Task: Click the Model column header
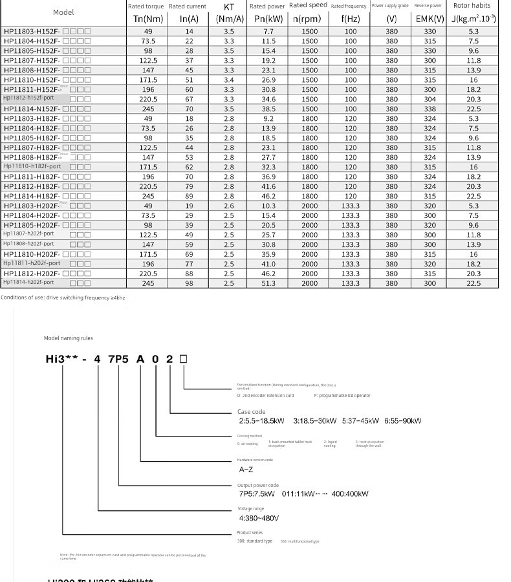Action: [63, 12]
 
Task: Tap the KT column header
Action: [229, 13]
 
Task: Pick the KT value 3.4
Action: [229, 80]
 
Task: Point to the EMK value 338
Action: [429, 109]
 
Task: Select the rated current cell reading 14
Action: [189, 31]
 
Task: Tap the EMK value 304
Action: [429, 99]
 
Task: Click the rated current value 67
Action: [189, 99]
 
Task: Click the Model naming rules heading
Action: [69, 338]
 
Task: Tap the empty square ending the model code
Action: [184, 358]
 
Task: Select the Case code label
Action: [251, 411]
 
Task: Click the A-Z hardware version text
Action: [246, 469]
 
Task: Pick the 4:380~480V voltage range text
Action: [259, 518]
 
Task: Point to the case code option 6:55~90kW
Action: [403, 420]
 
